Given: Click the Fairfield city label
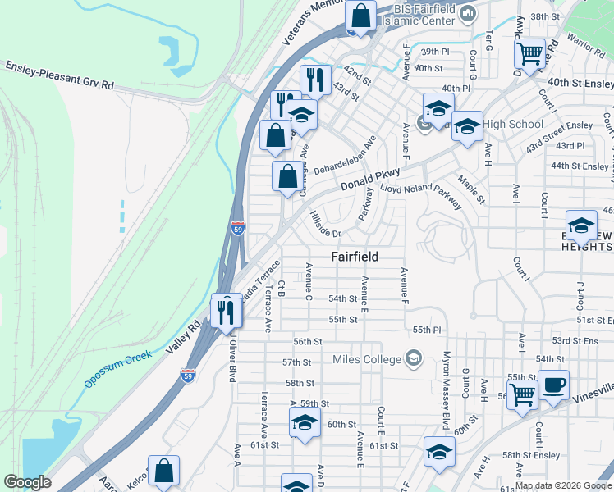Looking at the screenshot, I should pyautogui.click(x=355, y=257).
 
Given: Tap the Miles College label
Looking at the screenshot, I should pyautogui.click(x=367, y=359).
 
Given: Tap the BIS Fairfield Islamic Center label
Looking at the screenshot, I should pyautogui.click(x=424, y=14).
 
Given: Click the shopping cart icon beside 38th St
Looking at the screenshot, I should pyautogui.click(x=530, y=53).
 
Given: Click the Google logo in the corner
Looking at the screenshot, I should pyautogui.click(x=26, y=482).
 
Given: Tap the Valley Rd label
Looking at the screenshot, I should pyautogui.click(x=183, y=335).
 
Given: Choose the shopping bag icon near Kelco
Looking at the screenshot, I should pyautogui.click(x=163, y=471).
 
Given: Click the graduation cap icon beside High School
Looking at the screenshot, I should pyautogui.click(x=467, y=126).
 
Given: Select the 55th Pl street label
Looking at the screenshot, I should pyautogui.click(x=428, y=330).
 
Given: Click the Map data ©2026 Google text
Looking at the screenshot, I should pyautogui.click(x=562, y=485).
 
